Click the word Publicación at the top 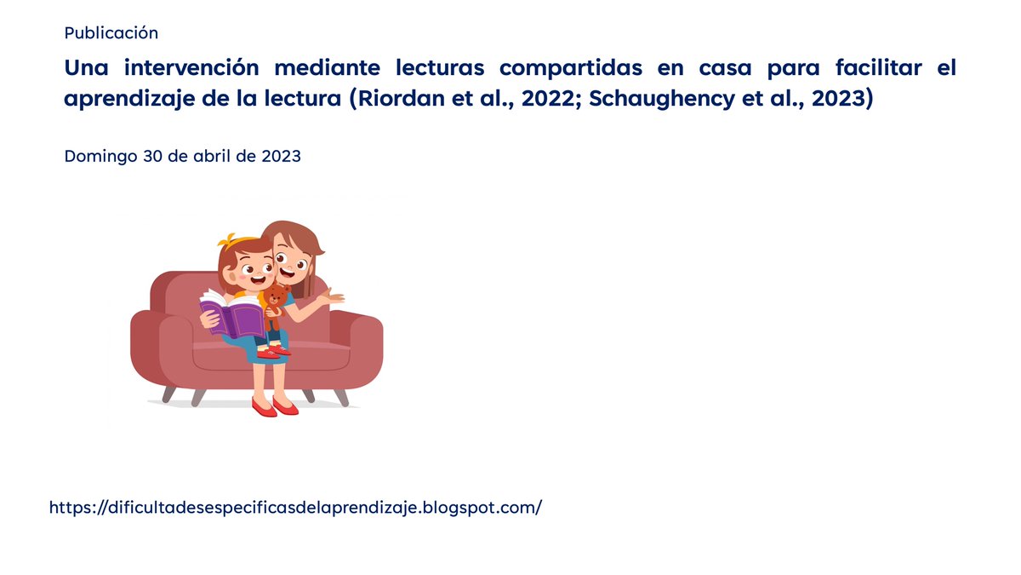tap(111, 33)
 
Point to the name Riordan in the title tap(398, 98)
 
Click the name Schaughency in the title tap(642, 98)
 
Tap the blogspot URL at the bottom tap(295, 508)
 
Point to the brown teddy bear tap(274, 302)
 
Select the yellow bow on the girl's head tap(227, 241)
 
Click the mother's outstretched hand tap(332, 298)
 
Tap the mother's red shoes tap(275, 406)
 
